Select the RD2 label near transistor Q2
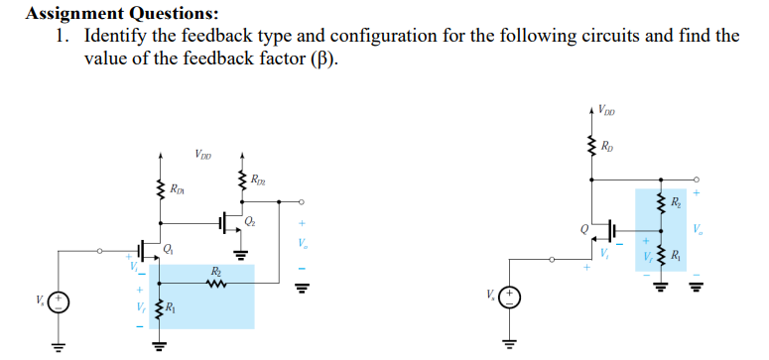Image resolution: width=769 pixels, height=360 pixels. coord(258,180)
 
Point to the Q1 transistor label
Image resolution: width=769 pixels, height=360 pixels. coord(166,249)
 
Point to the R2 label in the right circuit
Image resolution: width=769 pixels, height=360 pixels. coord(675,202)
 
